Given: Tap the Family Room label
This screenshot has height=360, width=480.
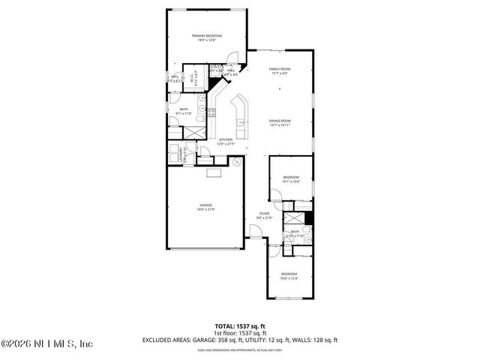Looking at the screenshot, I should tap(280, 71).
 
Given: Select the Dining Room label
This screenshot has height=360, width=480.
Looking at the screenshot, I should tap(280, 123).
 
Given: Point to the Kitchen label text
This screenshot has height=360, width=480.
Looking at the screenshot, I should tap(225, 141).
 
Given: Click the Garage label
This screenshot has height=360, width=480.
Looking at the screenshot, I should tap(205, 207).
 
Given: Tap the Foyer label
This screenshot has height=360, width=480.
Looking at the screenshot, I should tap(265, 216).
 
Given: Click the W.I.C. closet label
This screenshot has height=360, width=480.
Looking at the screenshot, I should tap(193, 78).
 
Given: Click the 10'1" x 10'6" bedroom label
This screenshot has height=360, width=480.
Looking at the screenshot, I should tap(290, 179).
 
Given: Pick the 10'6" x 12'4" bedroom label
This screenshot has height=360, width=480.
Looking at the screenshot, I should tap(289, 276).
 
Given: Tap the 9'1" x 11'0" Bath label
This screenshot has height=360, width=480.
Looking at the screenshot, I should tap(184, 111).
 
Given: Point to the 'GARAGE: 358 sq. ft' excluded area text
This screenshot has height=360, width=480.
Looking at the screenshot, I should tap(215, 340).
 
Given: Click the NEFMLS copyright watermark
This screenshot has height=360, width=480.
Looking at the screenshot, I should tap(46, 345).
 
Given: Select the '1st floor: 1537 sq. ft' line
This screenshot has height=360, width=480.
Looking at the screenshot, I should tap(240, 332).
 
